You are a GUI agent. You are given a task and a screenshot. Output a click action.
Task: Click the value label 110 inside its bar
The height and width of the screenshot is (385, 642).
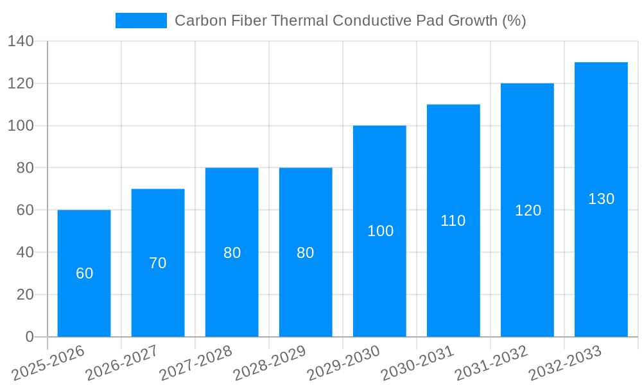(x=453, y=221)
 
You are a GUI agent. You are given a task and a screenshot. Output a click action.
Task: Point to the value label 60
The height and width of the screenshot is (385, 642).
(x=85, y=273)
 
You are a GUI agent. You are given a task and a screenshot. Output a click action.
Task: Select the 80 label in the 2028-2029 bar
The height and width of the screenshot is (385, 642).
(x=306, y=253)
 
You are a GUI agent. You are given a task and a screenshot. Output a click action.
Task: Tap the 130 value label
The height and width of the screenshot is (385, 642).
(x=602, y=199)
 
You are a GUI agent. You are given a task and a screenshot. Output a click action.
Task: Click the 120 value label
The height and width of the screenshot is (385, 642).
(x=528, y=210)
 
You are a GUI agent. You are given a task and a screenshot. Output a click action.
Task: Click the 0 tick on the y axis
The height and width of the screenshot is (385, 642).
(x=29, y=337)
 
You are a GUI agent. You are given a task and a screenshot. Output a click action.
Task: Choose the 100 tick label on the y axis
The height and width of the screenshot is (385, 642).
(x=21, y=126)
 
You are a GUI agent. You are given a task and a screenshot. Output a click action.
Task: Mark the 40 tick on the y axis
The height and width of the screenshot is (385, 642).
(x=24, y=252)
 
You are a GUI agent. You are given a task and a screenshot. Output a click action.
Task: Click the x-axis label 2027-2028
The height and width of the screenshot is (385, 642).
(x=196, y=363)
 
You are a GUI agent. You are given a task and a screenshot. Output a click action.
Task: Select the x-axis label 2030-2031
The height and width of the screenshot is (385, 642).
(x=417, y=363)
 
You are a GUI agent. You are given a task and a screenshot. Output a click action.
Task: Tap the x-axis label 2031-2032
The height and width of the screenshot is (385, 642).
(x=491, y=363)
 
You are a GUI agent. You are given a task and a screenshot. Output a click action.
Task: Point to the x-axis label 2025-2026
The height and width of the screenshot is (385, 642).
(x=48, y=363)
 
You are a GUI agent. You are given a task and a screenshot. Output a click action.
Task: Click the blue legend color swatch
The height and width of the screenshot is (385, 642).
(x=141, y=21)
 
